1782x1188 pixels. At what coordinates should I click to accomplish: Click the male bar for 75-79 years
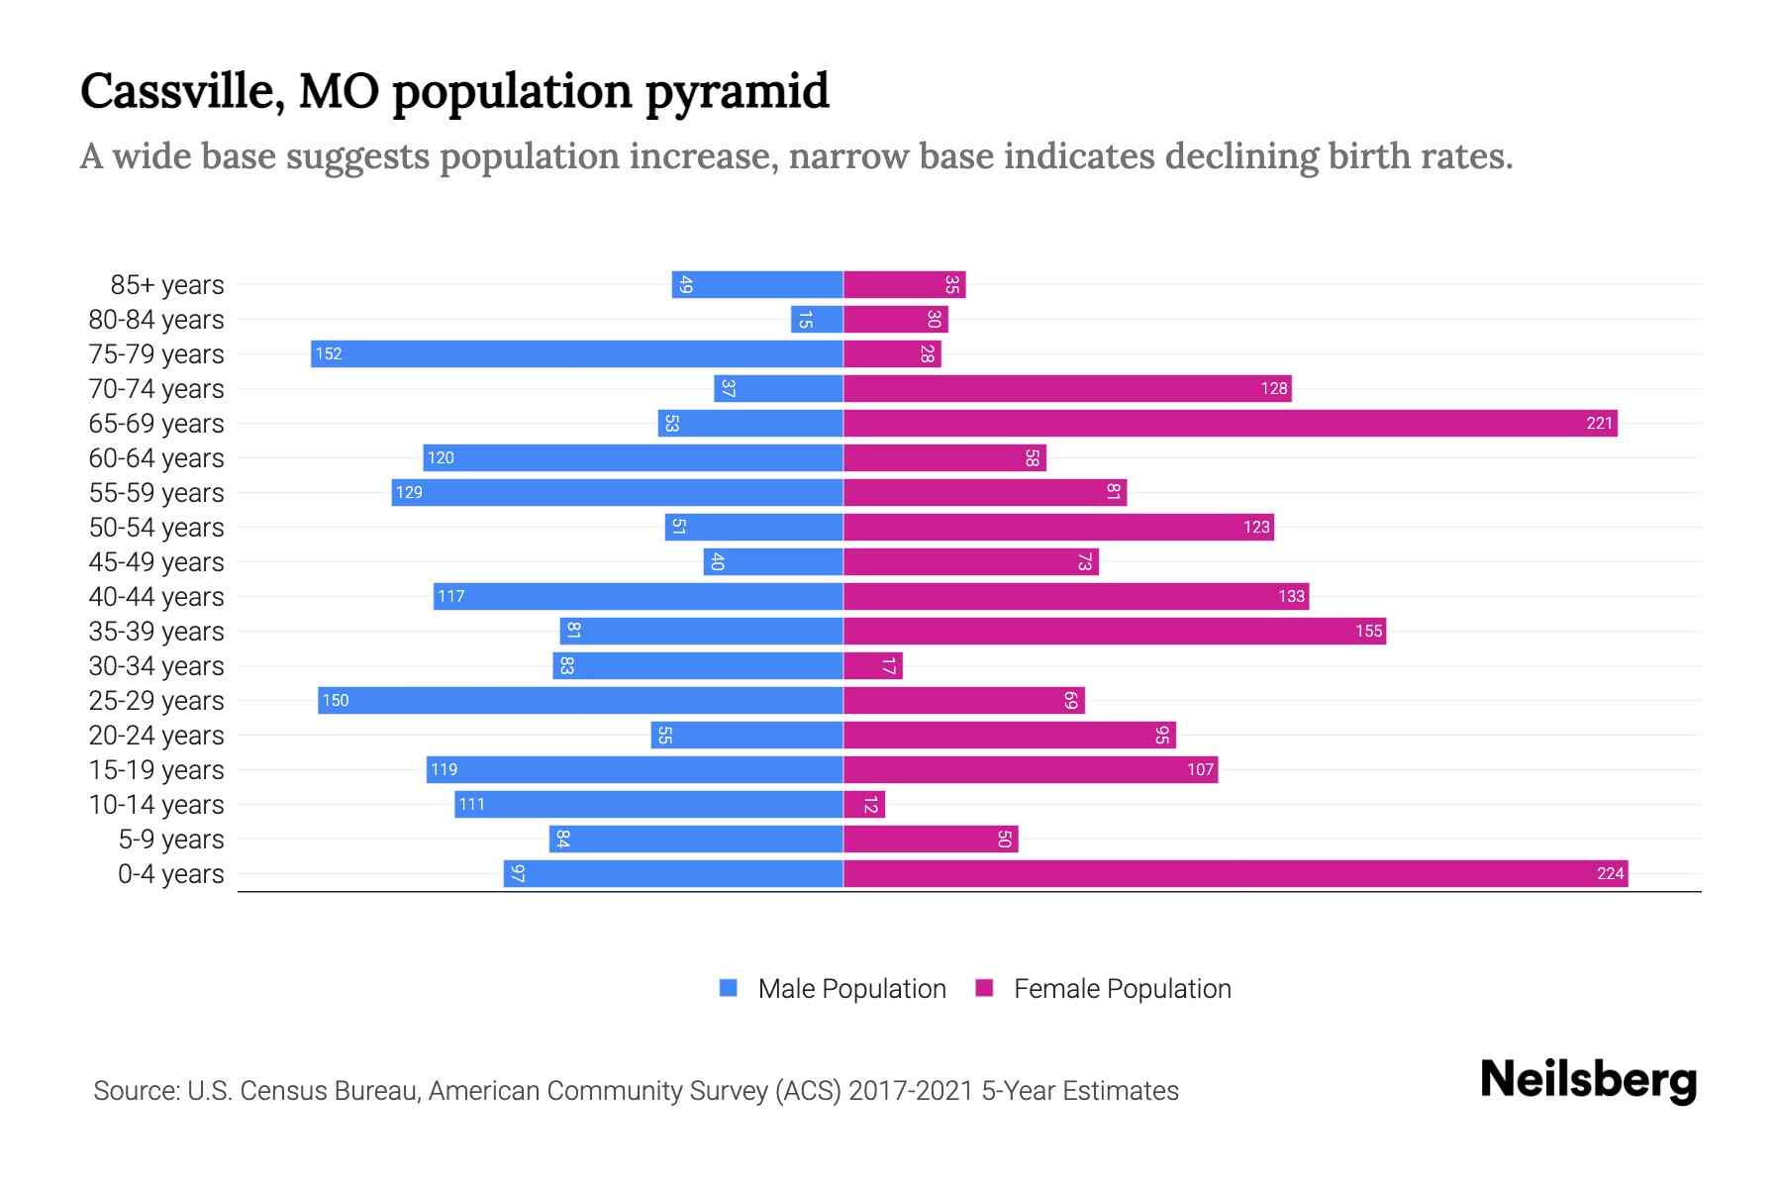576,353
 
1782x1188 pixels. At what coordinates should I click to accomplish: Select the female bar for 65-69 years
1230,423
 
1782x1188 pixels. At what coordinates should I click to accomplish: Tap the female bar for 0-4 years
1236,873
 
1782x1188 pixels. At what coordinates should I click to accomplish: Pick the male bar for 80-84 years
817,319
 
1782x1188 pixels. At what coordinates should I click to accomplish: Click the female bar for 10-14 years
863,804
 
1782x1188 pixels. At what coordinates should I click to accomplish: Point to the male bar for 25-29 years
580,700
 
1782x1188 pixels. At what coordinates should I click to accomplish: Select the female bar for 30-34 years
872,665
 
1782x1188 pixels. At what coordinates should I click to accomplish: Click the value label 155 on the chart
1368,631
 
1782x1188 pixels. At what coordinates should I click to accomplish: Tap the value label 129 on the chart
409,492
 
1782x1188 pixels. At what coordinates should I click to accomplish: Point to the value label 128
1273,388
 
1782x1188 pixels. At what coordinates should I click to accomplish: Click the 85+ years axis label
166,285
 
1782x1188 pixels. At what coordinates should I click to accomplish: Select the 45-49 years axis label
155,562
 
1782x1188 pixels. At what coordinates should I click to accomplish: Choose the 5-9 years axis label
170,840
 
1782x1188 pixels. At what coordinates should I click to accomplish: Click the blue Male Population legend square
729,988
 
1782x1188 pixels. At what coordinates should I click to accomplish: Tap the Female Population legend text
1122,988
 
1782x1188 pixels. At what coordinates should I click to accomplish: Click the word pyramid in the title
738,91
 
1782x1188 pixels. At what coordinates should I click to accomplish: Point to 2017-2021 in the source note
911,1090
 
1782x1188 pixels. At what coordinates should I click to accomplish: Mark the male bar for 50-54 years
753,527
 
